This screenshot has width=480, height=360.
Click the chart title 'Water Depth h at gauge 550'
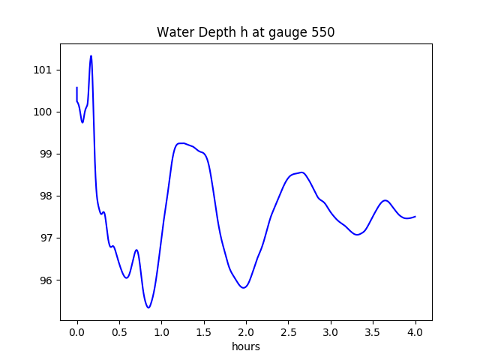[246, 33]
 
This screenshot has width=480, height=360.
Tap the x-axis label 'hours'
[246, 347]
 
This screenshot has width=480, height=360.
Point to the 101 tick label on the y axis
[43, 70]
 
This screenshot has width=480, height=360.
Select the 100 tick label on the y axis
[43, 112]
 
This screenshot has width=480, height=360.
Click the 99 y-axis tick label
[46, 154]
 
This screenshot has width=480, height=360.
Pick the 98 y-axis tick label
[46, 196]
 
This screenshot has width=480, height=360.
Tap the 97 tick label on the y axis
[46, 238]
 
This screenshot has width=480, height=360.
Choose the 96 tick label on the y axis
[46, 280]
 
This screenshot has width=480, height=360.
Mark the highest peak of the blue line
[91, 56]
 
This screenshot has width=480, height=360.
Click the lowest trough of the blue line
[148, 307]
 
